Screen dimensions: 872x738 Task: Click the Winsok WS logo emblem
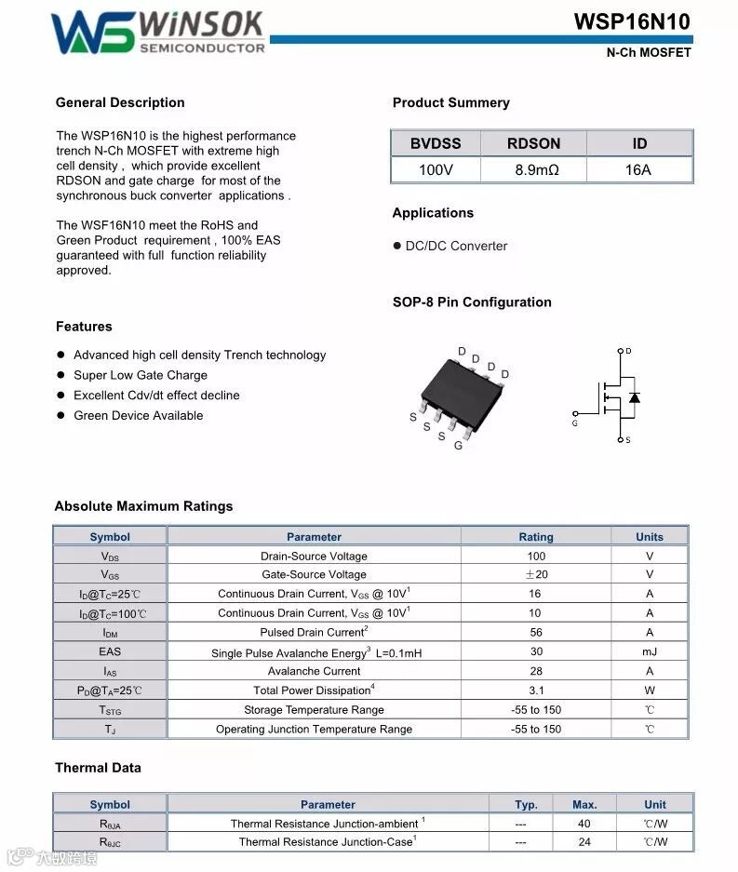coord(93,33)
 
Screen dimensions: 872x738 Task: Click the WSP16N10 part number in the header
coord(632,22)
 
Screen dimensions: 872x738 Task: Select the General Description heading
coord(120,102)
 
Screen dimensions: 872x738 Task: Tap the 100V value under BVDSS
coord(436,170)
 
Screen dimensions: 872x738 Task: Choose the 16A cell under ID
coord(639,170)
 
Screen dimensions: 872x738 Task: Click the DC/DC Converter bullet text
coord(456,246)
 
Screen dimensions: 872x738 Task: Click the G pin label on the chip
coord(458,446)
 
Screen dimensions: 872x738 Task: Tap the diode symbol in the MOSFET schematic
coord(635,397)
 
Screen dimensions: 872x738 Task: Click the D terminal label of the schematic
coord(628,352)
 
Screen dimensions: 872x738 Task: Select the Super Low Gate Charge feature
coord(141,375)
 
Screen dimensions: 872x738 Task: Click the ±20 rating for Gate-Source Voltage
coord(536,574)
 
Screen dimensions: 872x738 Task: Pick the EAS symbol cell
coord(110,651)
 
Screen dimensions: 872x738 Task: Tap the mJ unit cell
coord(650,651)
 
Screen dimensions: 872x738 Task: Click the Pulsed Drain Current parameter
coord(314,633)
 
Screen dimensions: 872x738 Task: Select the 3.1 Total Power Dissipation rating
coord(536,691)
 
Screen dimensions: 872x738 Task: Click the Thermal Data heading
coord(98,768)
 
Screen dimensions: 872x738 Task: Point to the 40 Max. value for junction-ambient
coord(584,824)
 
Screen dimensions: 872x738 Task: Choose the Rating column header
coord(536,537)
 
